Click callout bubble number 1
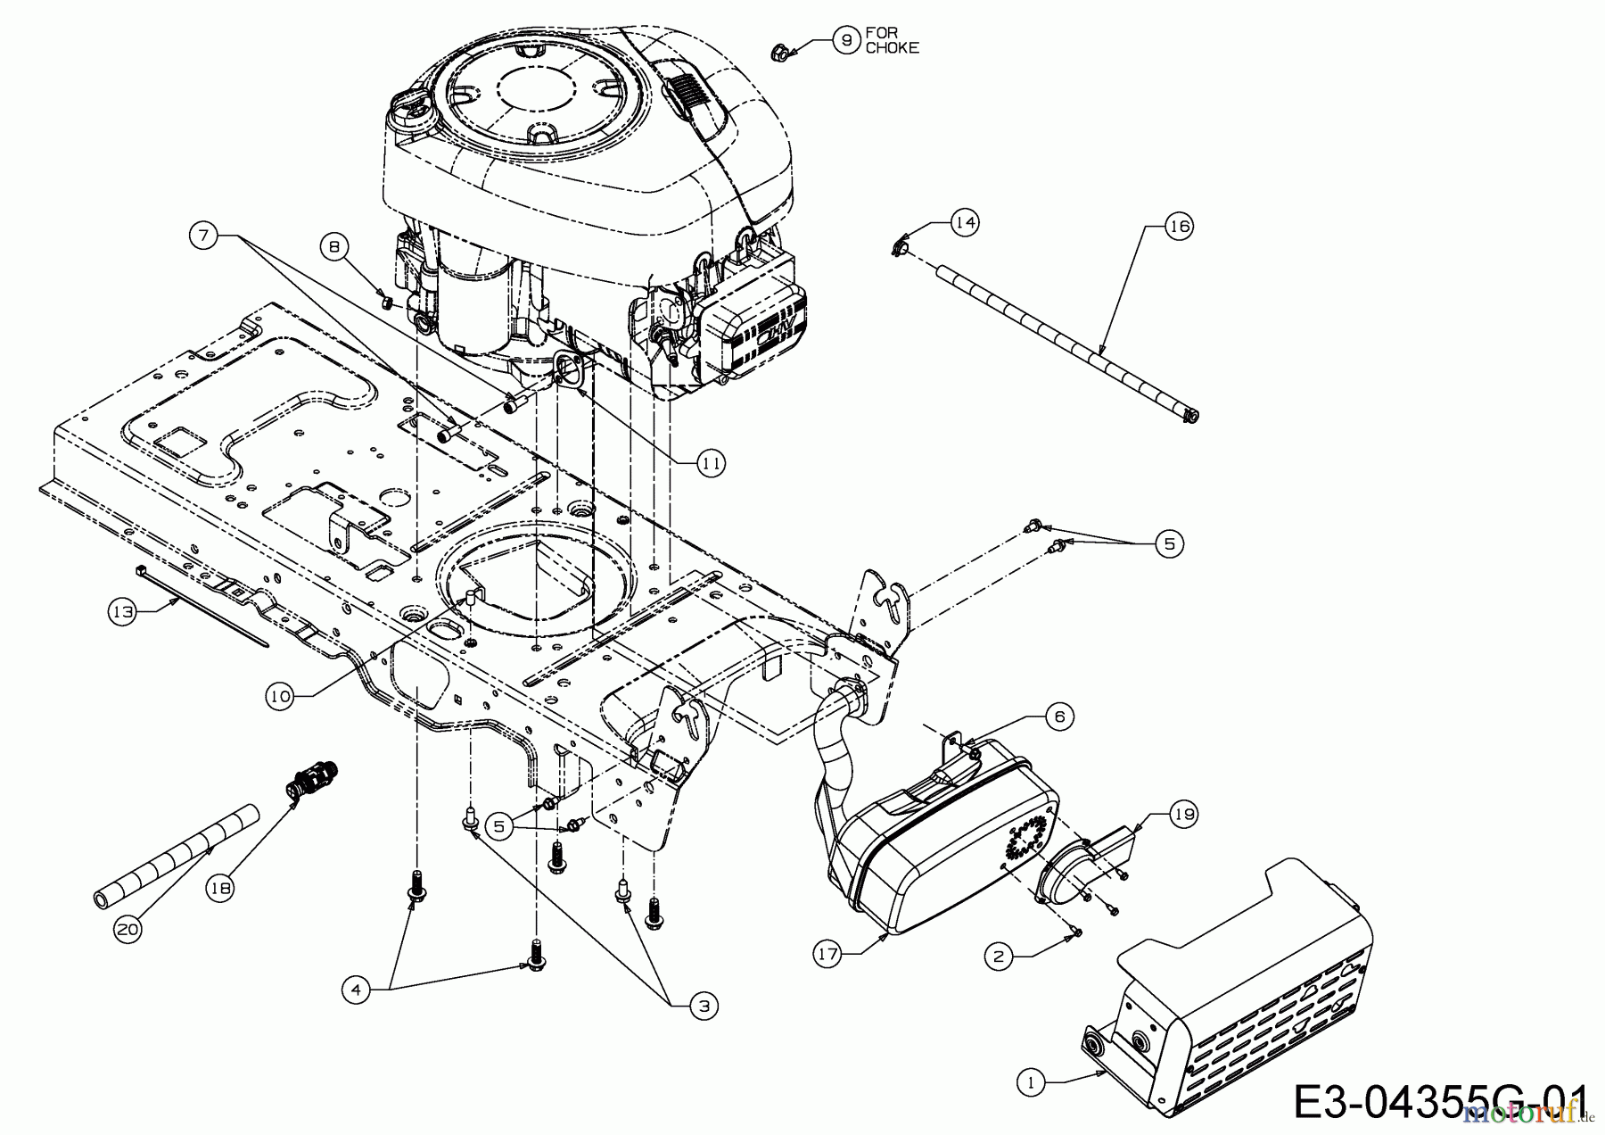click(1030, 1082)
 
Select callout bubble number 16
click(1179, 227)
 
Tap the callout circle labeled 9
click(845, 39)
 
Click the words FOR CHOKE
click(892, 40)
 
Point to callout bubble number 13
click(123, 612)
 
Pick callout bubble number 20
click(128, 929)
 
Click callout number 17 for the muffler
click(828, 954)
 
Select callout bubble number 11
click(711, 462)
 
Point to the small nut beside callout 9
click(778, 51)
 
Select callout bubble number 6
click(1059, 716)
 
